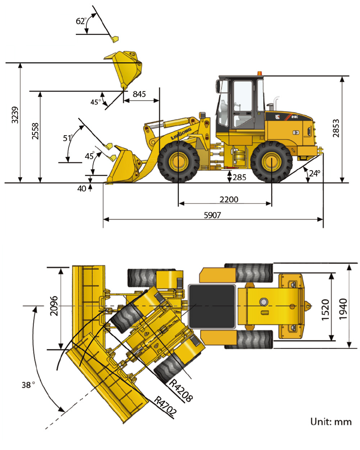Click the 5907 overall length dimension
(212, 215)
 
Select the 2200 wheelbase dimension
(229, 200)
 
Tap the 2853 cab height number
(336, 128)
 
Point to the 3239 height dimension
(15, 115)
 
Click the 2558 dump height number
(35, 131)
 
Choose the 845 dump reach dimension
(139, 94)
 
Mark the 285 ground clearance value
(239, 177)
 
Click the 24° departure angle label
(315, 173)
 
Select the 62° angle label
(81, 21)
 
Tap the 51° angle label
(68, 138)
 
